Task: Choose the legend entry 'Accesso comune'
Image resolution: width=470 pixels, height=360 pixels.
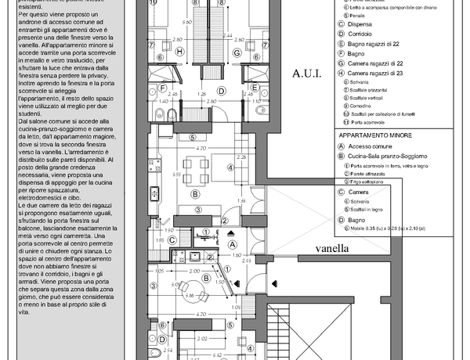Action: (x=378, y=146)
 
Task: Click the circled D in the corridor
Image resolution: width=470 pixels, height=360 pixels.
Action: (x=222, y=90)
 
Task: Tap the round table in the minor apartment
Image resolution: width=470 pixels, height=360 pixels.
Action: (x=186, y=293)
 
